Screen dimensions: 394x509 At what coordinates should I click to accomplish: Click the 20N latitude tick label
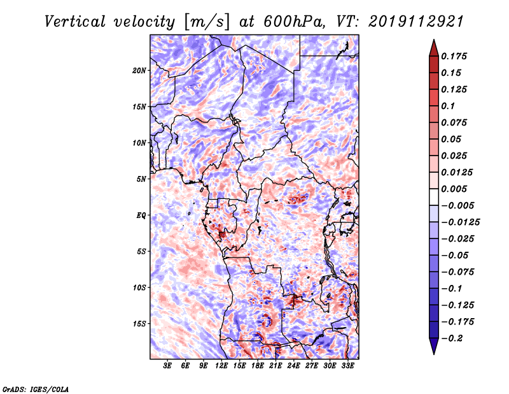pyautogui.click(x=139, y=70)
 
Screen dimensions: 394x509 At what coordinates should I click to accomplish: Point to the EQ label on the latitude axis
pyautogui.click(x=141, y=215)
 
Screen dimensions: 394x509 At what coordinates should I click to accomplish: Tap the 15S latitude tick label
pyautogui.click(x=139, y=323)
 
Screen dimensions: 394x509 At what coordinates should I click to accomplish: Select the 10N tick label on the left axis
pyautogui.click(x=139, y=143)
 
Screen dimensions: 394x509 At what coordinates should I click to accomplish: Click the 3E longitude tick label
pyautogui.click(x=168, y=366)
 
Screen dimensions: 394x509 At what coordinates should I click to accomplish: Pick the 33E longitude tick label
pyautogui.click(x=347, y=366)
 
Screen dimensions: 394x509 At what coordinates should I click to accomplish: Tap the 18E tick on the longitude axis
pyautogui.click(x=258, y=366)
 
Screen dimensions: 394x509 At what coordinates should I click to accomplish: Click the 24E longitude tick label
pyautogui.click(x=294, y=366)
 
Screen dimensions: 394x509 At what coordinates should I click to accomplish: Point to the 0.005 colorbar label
pyautogui.click(x=456, y=189)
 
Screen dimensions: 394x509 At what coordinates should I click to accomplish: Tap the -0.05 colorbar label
pyautogui.click(x=455, y=255)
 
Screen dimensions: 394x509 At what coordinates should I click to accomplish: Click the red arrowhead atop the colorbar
pyautogui.click(x=433, y=47)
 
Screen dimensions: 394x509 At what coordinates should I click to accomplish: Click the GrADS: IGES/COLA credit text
pyautogui.click(x=35, y=388)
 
